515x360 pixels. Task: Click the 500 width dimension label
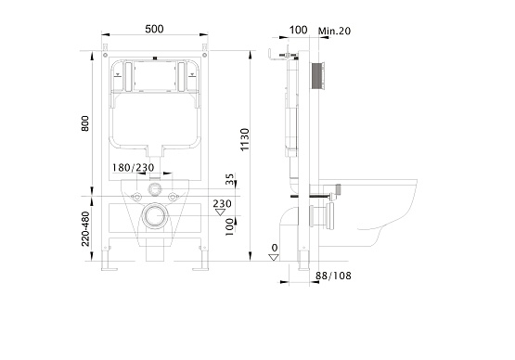point(154,29)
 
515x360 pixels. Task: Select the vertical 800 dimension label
point(85,123)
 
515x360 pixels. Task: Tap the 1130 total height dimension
point(245,139)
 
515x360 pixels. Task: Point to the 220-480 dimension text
point(85,228)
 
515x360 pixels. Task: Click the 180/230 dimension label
point(133,168)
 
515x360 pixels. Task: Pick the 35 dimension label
point(230,179)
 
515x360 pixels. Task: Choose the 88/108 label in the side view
point(333,276)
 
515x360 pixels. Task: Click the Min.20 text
point(334,31)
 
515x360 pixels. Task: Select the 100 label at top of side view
point(298,30)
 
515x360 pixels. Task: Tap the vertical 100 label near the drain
point(229,227)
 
